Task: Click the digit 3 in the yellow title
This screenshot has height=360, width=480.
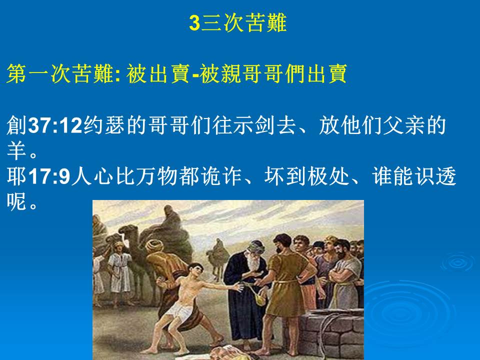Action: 194,23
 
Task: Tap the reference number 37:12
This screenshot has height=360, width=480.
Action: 55,125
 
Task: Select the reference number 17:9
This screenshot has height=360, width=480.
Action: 49,176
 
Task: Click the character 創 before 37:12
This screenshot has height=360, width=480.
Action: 17,125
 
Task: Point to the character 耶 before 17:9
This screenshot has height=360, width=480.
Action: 17,176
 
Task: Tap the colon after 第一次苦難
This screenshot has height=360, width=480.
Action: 118,75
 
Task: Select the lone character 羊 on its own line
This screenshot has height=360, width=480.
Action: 16,150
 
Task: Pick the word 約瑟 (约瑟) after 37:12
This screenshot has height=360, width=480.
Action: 103,125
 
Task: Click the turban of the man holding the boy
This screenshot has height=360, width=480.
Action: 154,245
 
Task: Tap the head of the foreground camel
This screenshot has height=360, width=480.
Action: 128,231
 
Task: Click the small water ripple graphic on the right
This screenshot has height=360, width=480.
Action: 457,262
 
